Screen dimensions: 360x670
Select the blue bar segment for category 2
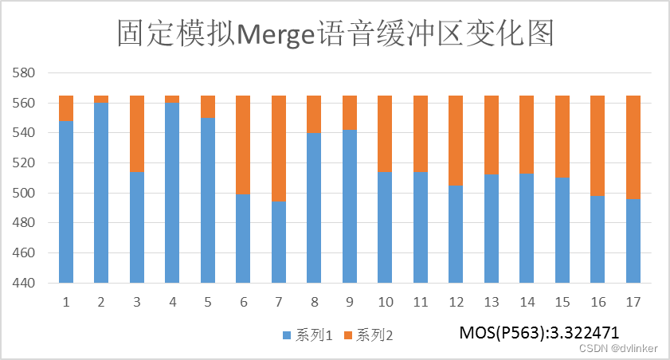coord(101,193)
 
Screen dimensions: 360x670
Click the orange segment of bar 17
coord(633,147)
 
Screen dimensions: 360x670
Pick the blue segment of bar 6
coord(243,238)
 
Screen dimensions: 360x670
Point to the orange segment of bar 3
coord(137,134)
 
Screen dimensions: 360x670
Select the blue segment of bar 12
coord(456,234)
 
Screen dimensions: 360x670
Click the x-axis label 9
coord(350,303)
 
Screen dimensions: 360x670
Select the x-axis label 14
coord(527,303)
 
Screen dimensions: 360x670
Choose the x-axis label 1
coord(66,303)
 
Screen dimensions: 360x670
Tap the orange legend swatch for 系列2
coord(347,336)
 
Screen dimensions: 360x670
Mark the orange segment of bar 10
coord(385,134)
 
